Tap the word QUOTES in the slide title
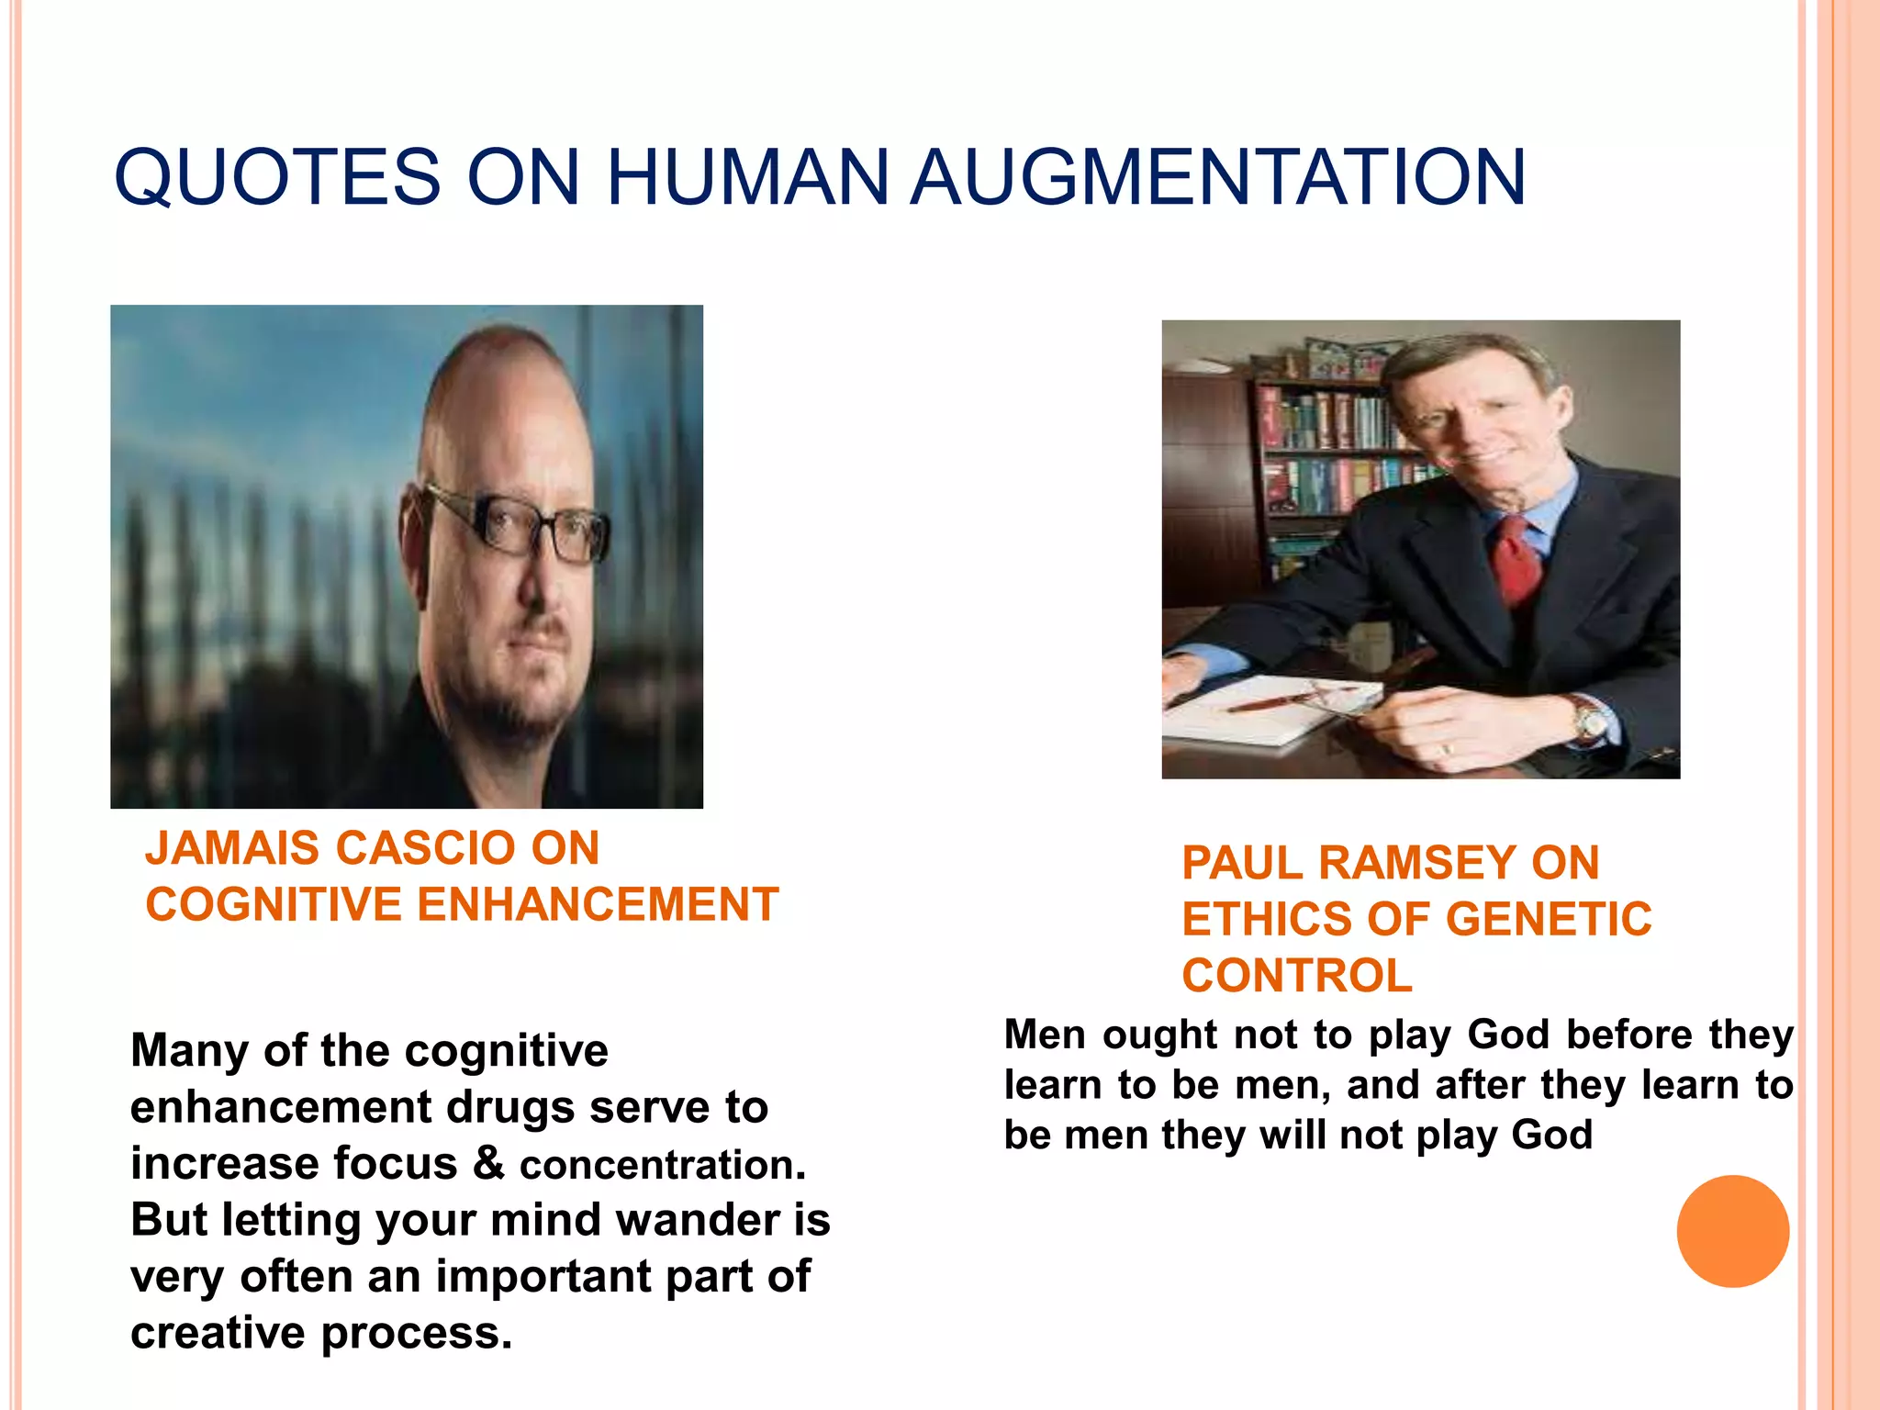pyautogui.click(x=277, y=177)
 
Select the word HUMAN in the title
pyautogui.click(x=747, y=177)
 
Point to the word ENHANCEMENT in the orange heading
pyautogui.click(x=598, y=905)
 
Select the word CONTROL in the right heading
pyautogui.click(x=1296, y=976)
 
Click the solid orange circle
pyautogui.click(x=1732, y=1231)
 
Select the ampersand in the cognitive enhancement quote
pyautogui.click(x=488, y=1164)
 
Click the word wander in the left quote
pyautogui.click(x=699, y=1221)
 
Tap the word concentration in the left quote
pyautogui.click(x=662, y=1166)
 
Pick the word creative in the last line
pyautogui.click(x=218, y=1334)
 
